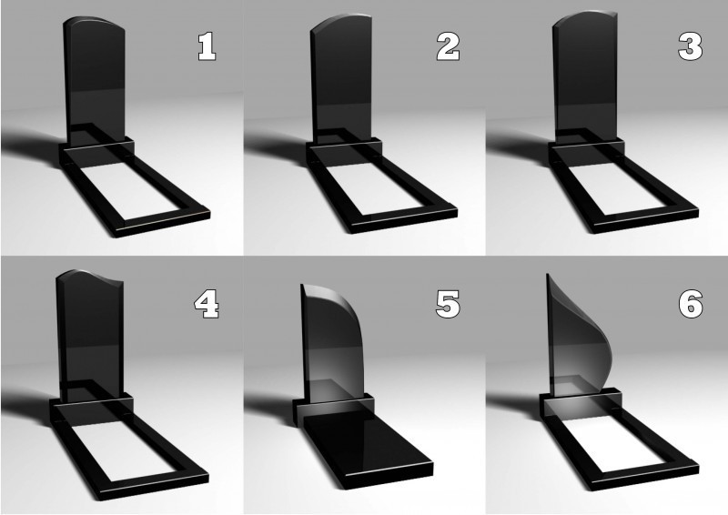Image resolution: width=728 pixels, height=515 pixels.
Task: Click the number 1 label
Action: point(207,46)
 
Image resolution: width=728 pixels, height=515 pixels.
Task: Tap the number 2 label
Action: point(448,46)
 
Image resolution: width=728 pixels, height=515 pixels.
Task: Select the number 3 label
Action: point(691,46)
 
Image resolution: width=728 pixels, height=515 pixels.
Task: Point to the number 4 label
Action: point(207,304)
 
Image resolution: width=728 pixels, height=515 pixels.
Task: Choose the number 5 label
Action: point(448,304)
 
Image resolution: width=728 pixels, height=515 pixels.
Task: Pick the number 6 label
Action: point(691,304)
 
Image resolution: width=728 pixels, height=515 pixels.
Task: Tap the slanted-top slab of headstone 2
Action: point(342,79)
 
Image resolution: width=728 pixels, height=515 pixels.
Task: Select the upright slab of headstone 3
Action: point(585,76)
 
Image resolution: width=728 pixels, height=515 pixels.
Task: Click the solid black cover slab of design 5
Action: point(367,446)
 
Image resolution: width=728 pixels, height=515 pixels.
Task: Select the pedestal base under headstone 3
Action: point(586,151)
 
